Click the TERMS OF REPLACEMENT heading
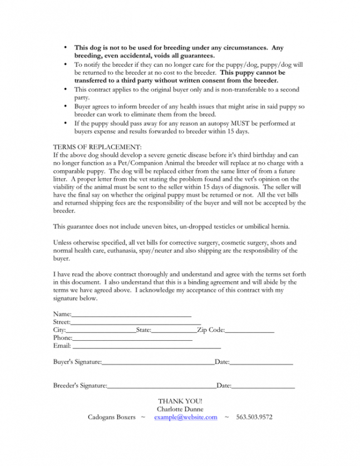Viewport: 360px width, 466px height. (x=97, y=146)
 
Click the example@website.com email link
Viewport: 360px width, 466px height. (x=185, y=417)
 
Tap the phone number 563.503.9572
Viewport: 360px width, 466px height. (x=254, y=417)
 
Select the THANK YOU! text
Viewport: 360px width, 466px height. (x=180, y=401)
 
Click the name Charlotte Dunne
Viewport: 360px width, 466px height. (x=180, y=409)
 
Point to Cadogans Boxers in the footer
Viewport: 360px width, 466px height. (x=111, y=417)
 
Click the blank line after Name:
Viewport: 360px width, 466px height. (x=131, y=316)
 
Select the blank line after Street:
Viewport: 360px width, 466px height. (x=136, y=323)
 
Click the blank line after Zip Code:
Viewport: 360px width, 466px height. (x=250, y=331)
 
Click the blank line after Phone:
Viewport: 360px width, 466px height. (x=132, y=339)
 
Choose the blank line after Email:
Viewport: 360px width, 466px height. (x=147, y=346)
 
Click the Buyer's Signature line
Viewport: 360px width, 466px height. (x=158, y=363)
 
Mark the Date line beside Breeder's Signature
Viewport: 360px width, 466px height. (x=263, y=386)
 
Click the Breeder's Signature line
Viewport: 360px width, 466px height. (x=161, y=386)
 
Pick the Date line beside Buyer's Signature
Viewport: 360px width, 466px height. (x=262, y=363)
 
